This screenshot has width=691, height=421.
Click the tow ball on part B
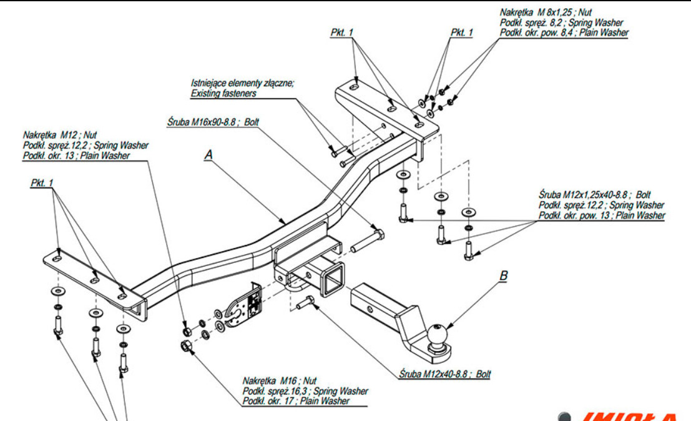point(436,332)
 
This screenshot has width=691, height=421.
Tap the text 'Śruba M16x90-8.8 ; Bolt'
point(212,122)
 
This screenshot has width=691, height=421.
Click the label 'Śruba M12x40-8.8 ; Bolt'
point(444,374)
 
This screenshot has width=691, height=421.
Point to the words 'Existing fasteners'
point(223,93)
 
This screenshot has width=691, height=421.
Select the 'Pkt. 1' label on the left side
point(42,183)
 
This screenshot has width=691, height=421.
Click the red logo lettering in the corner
point(630,416)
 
